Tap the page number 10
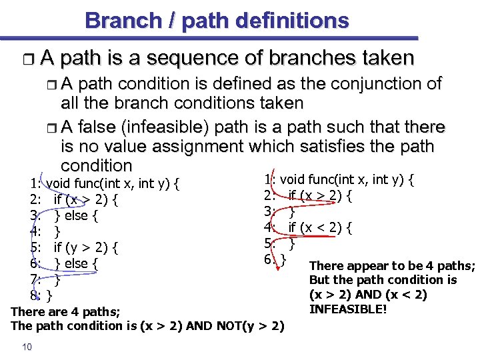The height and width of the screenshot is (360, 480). [27, 345]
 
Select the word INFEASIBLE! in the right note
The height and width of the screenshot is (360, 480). [348, 309]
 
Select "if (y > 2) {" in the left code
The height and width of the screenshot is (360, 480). [86, 248]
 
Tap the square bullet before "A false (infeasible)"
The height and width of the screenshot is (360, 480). [54, 127]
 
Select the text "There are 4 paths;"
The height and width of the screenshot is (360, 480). [65, 311]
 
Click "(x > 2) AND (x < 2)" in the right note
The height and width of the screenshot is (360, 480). [368, 295]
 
